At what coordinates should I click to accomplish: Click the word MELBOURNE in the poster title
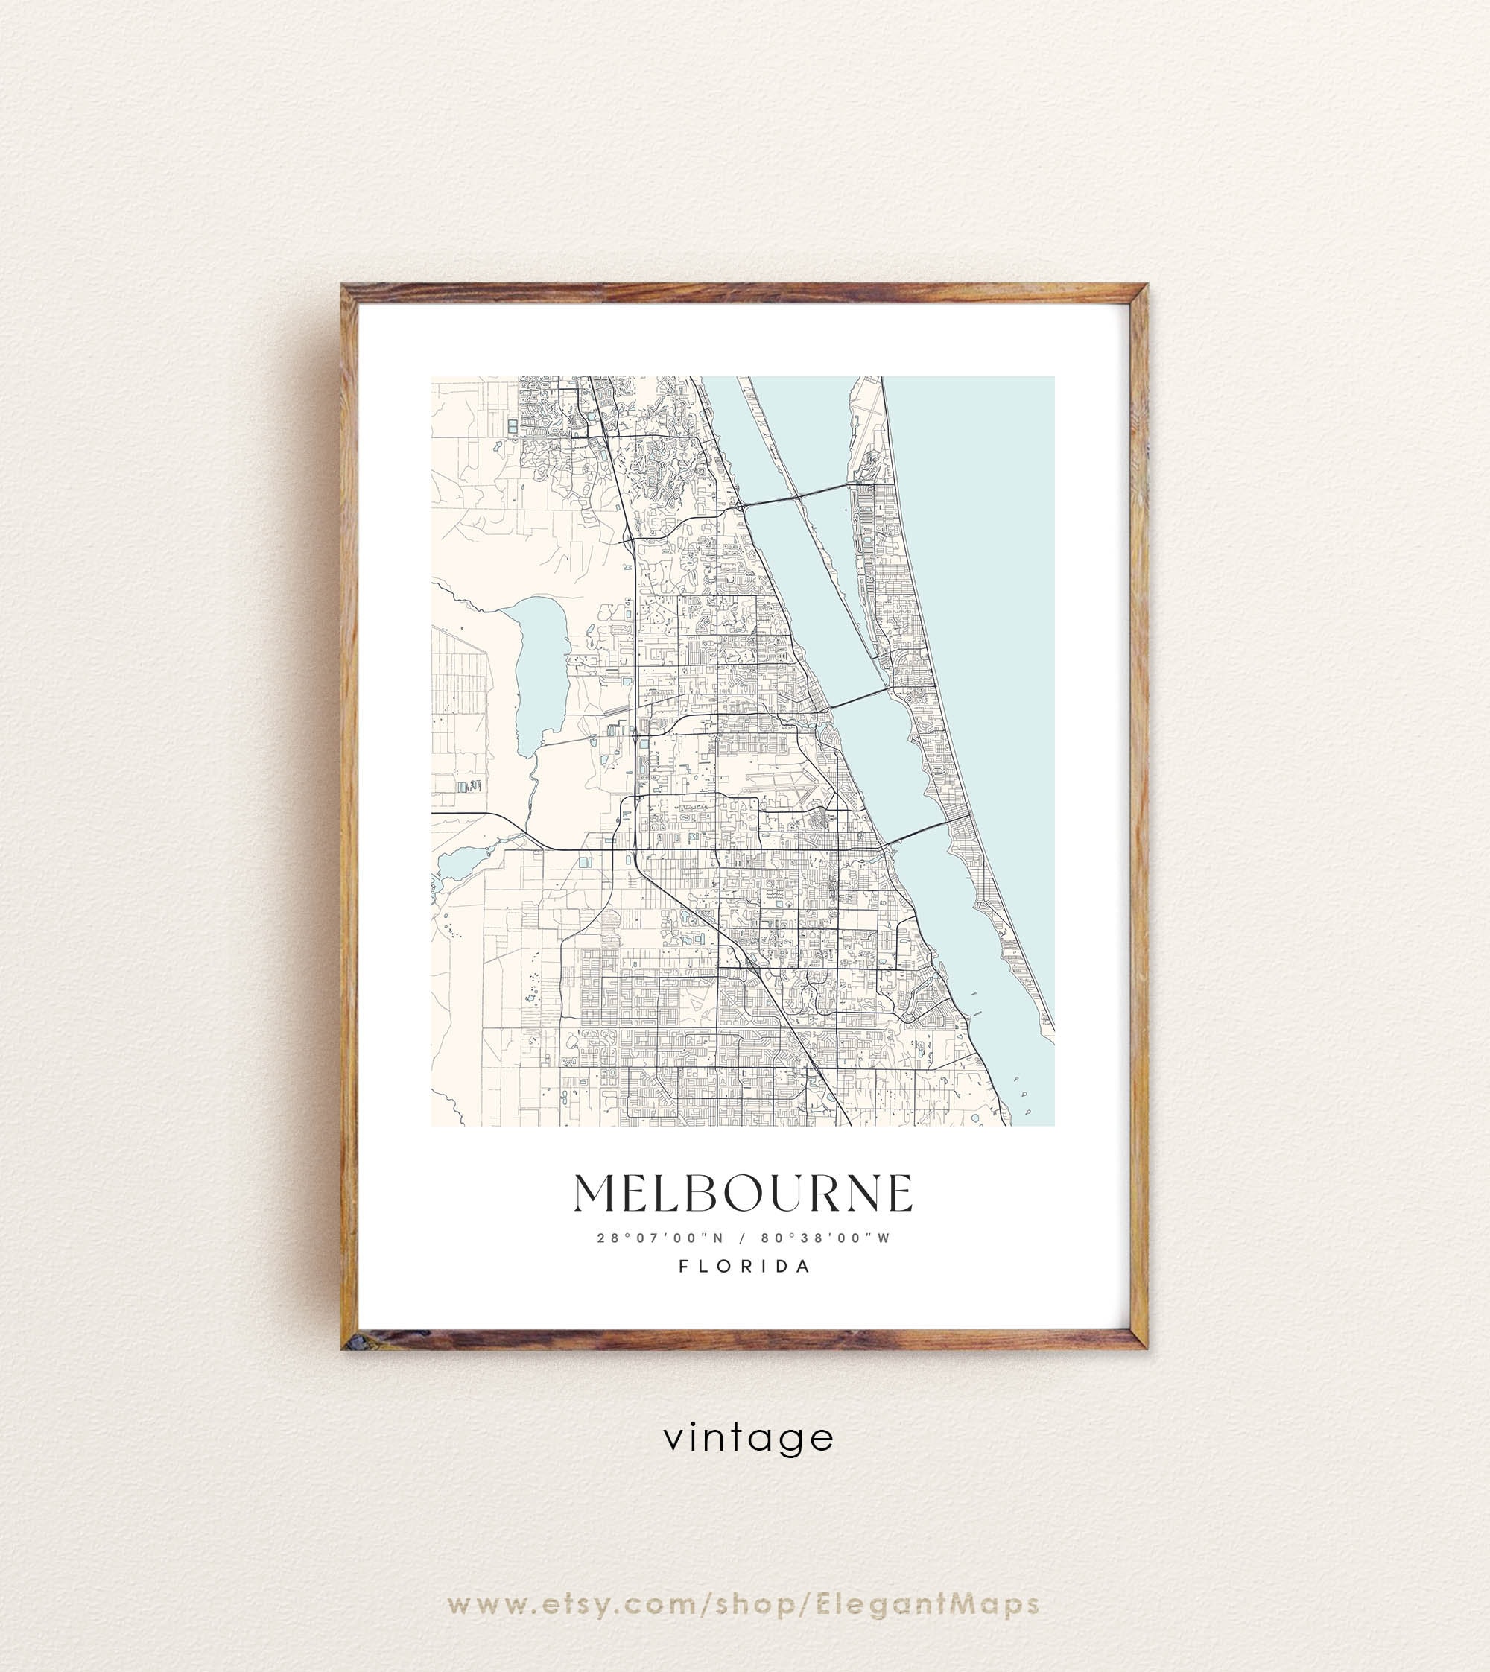click(744, 1193)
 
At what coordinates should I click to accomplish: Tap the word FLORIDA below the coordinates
click(744, 1266)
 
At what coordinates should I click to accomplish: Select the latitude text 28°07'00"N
click(660, 1238)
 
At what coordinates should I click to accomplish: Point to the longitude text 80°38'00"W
click(825, 1238)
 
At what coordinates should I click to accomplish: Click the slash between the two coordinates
click(742, 1238)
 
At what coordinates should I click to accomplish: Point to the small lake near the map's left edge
click(458, 861)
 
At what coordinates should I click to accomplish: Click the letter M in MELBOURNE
click(595, 1193)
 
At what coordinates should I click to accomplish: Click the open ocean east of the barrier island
click(983, 573)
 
